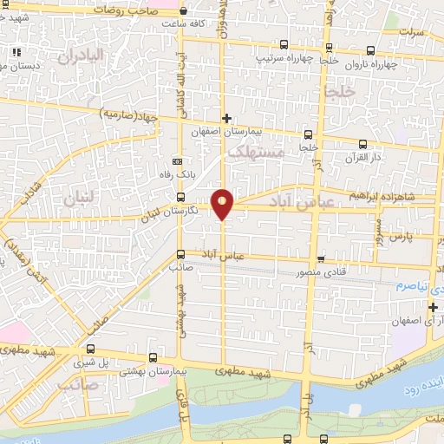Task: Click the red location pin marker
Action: (223, 204)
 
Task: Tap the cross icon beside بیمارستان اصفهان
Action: (226, 118)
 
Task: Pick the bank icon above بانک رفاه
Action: (178, 161)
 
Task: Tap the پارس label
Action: (397, 236)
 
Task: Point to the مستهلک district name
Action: (255, 153)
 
